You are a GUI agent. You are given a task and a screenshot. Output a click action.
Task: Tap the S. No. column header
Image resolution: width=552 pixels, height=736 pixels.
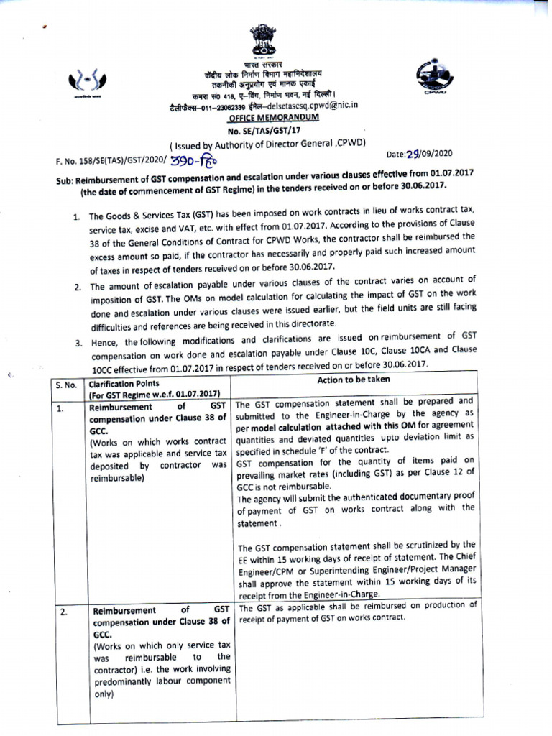click(66, 385)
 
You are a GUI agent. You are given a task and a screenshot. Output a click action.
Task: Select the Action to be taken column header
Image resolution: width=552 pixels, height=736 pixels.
click(353, 379)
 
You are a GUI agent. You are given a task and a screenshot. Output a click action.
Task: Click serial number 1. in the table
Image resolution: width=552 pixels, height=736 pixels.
click(63, 408)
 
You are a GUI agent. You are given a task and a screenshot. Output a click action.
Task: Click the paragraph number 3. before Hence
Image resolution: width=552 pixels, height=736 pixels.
click(79, 344)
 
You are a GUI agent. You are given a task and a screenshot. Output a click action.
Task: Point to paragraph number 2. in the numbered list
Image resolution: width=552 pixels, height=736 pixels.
click(79, 287)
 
